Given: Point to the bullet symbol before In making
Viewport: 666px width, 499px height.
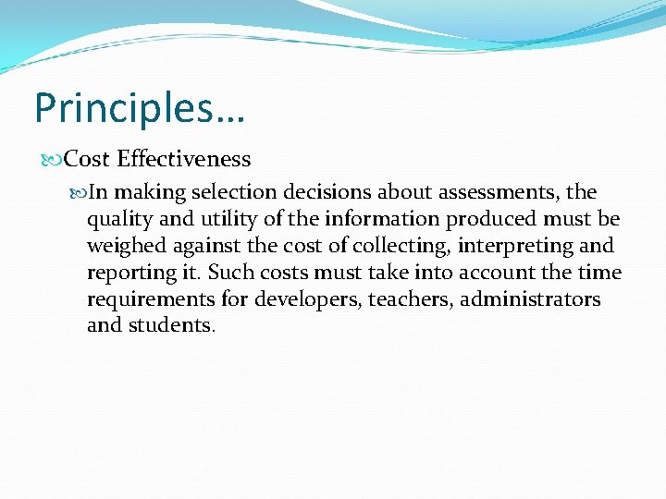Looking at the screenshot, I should point(79,193).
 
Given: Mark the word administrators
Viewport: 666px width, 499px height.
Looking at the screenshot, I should point(530,299).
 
